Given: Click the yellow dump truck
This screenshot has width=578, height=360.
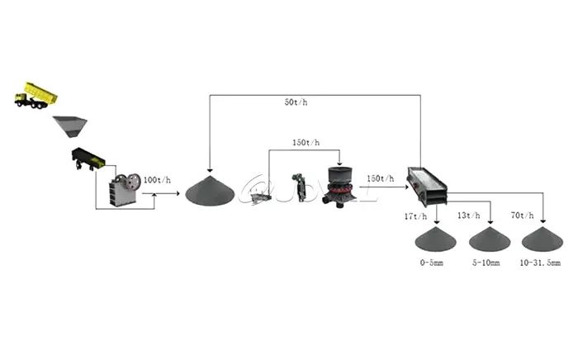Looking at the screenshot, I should pos(36,94).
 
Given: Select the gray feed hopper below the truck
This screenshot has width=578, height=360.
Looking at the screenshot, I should pos(71,126).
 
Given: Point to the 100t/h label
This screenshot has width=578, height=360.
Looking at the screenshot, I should pos(158,178).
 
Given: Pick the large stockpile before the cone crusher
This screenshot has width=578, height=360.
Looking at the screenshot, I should pos(210,192).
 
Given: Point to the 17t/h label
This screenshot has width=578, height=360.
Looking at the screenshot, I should pos(417,216).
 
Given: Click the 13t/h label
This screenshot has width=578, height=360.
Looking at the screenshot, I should pos(469,216).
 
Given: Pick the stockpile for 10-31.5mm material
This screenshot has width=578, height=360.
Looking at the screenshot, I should pos(542,240).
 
